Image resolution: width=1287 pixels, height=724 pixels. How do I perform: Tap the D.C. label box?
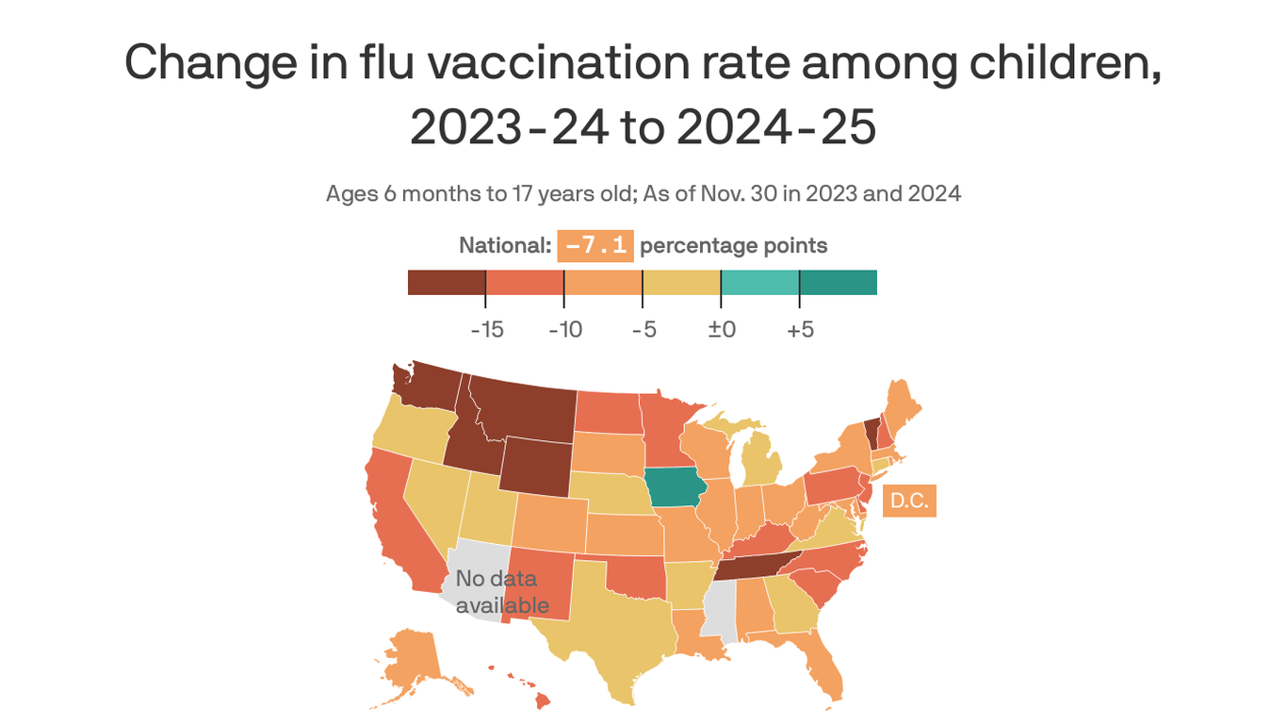[x=909, y=502]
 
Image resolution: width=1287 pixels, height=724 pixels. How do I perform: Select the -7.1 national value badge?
[x=595, y=246]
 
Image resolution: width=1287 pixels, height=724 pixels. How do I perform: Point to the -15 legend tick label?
[x=486, y=331]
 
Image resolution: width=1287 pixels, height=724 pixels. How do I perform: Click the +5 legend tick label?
[x=799, y=331]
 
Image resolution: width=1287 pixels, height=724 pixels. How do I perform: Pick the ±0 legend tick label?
[x=721, y=331]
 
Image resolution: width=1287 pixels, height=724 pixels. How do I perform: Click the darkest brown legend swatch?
[x=446, y=282]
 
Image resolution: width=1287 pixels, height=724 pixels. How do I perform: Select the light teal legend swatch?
[x=759, y=282]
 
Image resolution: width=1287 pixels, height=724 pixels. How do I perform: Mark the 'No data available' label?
[x=501, y=592]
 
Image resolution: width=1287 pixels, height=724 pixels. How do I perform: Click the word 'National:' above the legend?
[x=504, y=246]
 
